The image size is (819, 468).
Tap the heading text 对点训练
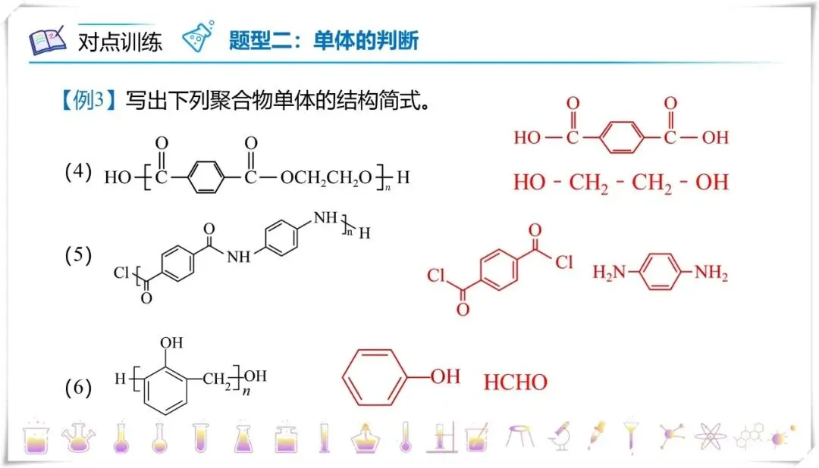coord(120,41)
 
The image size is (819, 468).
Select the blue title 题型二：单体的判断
coord(324,40)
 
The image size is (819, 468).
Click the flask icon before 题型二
coord(199,38)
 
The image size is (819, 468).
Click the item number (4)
coord(78,172)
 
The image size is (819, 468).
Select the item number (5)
coord(78,255)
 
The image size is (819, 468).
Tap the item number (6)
coord(78,388)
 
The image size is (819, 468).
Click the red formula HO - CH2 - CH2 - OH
coord(620,183)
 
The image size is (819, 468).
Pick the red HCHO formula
coord(516,382)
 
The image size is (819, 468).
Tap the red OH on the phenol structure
coord(445,376)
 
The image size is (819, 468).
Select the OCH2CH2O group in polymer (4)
coord(326,179)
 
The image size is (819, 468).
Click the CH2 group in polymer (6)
coord(220,376)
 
